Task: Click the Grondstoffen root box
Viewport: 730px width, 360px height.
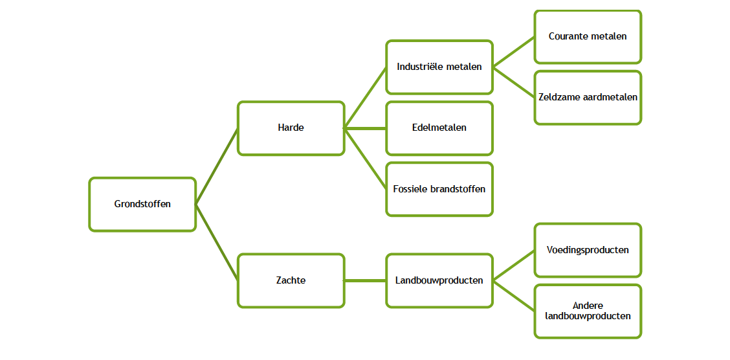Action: point(142,204)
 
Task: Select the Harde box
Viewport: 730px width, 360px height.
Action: point(291,128)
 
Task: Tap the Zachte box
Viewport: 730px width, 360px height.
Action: point(291,280)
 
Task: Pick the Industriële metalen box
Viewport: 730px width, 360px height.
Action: point(439,67)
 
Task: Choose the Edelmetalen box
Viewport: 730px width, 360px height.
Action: point(439,128)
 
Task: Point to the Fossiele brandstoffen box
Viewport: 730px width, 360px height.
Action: point(439,189)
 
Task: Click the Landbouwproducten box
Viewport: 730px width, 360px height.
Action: point(439,280)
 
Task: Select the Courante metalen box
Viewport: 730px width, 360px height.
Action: point(588,37)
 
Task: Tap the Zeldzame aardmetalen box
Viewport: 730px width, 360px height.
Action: point(588,98)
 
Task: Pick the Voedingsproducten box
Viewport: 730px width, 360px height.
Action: point(588,250)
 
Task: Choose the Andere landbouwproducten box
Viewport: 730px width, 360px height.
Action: point(588,311)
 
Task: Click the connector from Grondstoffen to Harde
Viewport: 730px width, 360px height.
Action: point(217,166)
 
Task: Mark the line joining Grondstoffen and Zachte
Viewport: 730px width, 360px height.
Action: point(217,242)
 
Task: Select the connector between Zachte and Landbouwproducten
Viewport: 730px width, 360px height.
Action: point(365,280)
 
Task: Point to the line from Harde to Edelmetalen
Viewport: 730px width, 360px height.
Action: point(365,128)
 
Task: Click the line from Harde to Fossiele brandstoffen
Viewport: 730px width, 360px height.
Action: point(365,159)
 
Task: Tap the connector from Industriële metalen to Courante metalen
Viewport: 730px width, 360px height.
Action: point(514,52)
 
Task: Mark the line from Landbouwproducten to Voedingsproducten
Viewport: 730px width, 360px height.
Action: point(514,265)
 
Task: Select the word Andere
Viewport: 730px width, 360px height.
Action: point(588,306)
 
